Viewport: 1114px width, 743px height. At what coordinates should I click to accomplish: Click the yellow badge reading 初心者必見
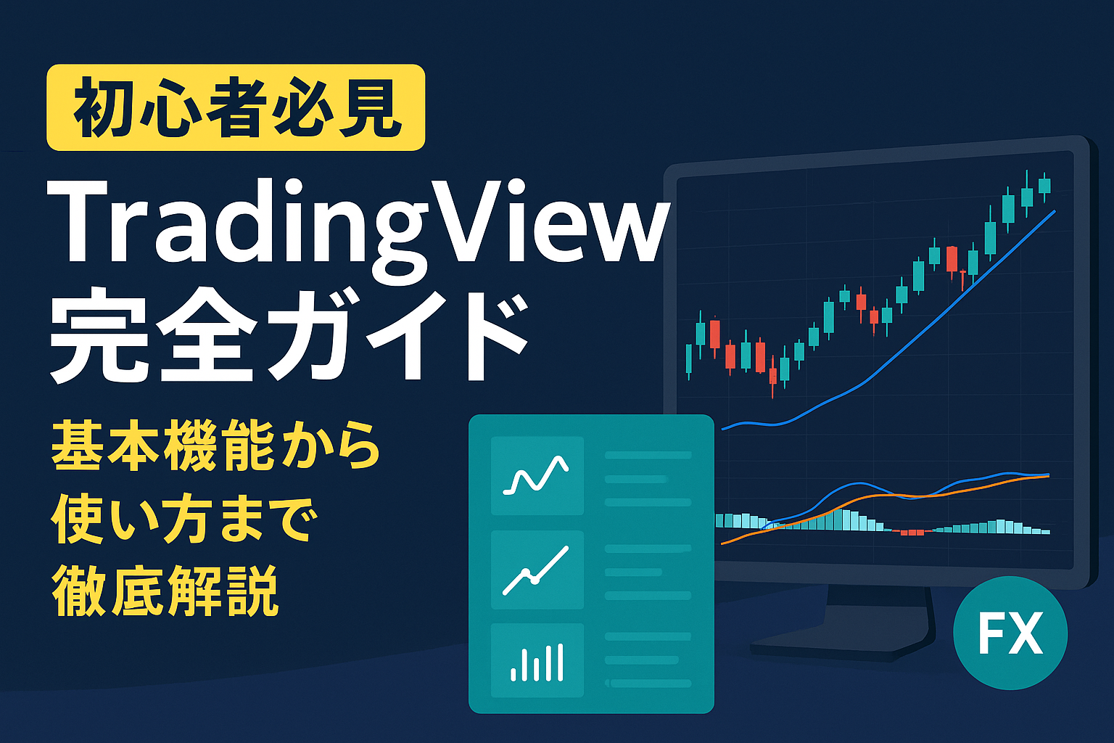pos(236,107)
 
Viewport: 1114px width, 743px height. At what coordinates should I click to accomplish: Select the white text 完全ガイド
pos(289,337)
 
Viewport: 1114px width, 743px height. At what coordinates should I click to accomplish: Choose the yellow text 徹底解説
pos(165,591)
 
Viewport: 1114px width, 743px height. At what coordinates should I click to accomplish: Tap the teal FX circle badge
pos(1010,633)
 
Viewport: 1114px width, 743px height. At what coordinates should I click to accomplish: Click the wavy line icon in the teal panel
pos(536,475)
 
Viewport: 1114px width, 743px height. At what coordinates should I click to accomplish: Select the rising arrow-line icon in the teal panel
pos(536,570)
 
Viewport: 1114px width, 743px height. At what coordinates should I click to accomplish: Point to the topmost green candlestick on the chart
pos(1044,186)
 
